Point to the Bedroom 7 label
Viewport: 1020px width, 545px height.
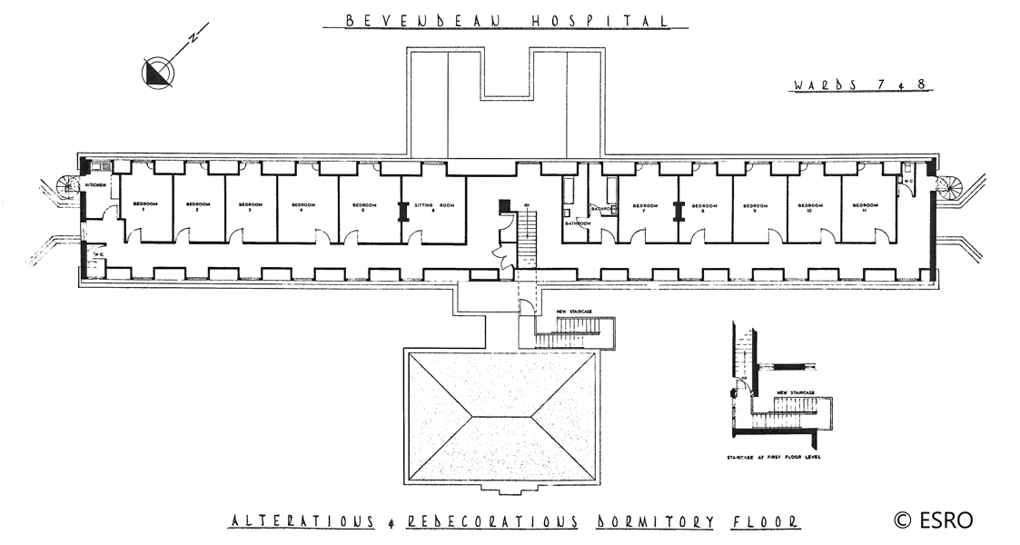point(644,207)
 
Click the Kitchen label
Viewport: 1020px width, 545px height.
point(95,185)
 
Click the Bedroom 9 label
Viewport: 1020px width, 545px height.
point(755,207)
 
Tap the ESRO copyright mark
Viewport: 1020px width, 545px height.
point(933,520)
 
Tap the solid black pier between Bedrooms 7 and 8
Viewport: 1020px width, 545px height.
point(677,210)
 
